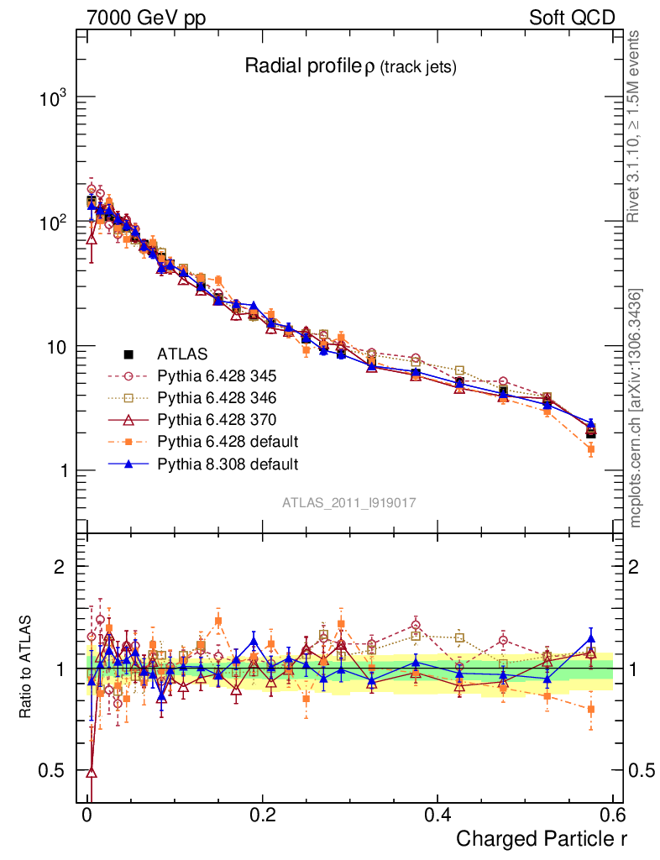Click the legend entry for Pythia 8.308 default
pos(227,463)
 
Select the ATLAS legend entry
pos(181,354)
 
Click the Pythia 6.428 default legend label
pos(228,441)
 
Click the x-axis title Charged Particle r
pos(542,839)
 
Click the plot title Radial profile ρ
pos(350,66)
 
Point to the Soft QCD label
pos(572,17)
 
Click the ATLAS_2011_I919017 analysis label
pos(349,502)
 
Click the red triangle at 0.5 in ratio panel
pos(92,771)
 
